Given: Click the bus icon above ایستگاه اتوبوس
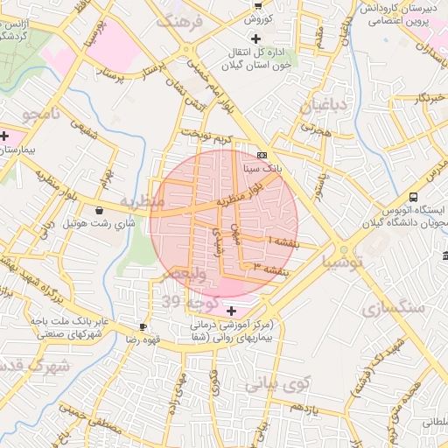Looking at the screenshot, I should pos(413,198).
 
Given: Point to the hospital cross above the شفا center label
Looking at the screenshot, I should pos(231,311).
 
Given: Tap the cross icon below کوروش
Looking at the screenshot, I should pos(255,38).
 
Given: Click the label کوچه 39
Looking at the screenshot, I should pos(186,302).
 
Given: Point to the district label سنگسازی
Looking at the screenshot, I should pos(393,309).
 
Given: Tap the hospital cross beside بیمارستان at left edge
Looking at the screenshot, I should pos(5,136).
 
